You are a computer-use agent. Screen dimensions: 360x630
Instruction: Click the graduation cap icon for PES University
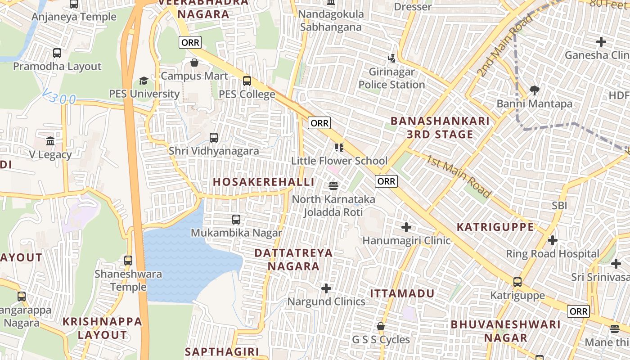click(x=144, y=81)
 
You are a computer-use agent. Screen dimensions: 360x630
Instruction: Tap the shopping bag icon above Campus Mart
click(x=194, y=63)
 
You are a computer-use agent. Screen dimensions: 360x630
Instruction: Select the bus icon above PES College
click(x=247, y=81)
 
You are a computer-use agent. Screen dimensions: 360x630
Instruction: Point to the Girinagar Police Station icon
click(x=391, y=58)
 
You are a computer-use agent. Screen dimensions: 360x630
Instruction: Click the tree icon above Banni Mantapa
click(x=535, y=90)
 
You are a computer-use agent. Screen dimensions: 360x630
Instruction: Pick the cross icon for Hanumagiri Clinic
click(x=406, y=227)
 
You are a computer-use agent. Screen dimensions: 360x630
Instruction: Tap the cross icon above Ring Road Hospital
click(x=553, y=240)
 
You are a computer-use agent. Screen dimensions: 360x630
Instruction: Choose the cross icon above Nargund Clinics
click(x=326, y=288)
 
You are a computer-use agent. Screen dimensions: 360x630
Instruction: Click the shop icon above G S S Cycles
click(x=381, y=326)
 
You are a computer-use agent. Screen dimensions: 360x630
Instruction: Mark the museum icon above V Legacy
click(x=50, y=141)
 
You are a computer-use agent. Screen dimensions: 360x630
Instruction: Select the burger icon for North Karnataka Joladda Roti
click(x=333, y=185)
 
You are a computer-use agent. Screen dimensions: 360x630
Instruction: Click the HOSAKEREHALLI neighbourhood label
click(x=263, y=182)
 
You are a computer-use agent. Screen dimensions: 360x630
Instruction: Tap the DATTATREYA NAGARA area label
click(x=293, y=259)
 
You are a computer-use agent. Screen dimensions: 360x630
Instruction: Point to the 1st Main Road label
click(x=459, y=176)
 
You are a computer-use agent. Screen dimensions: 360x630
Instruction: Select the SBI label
click(x=559, y=206)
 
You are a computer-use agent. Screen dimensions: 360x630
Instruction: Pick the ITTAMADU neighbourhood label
click(x=402, y=293)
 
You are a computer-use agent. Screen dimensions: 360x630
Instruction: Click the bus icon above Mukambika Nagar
click(x=236, y=220)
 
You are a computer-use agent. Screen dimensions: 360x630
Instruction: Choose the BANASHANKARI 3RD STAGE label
click(x=440, y=127)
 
